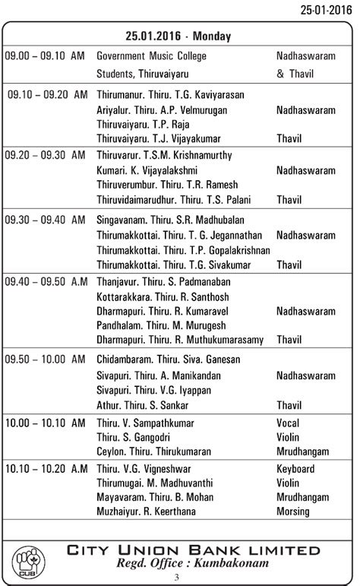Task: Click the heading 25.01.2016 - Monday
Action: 179,36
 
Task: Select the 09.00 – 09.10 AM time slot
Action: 45,56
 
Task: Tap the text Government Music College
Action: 151,56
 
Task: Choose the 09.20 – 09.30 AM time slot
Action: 45,156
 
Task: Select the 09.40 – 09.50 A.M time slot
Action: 46,282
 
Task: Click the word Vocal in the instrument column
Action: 288,423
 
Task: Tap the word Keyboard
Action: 295,469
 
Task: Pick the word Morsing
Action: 294,512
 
